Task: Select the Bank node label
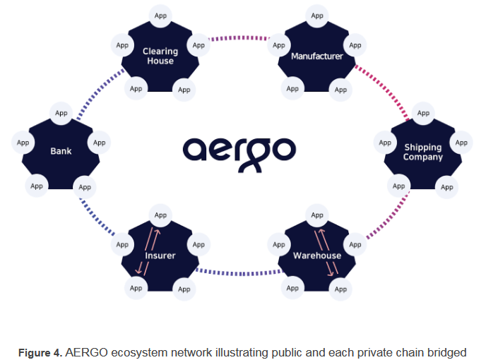point(61,151)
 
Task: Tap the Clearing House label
point(160,56)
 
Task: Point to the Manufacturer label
point(316,56)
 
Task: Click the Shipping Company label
point(422,152)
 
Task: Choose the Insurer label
point(160,256)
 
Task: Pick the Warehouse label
point(317,256)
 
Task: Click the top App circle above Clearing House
point(160,15)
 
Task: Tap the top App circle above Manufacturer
point(317,15)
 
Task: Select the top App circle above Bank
point(61,113)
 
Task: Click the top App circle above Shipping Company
point(423,113)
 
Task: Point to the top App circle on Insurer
point(160,215)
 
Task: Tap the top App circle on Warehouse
point(317,215)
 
